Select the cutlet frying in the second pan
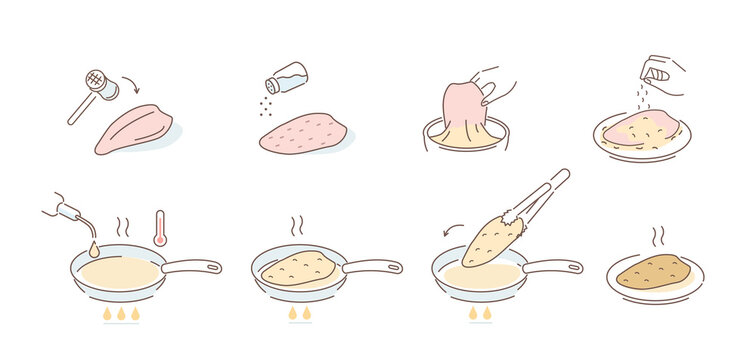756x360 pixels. pyautogui.click(x=298, y=266)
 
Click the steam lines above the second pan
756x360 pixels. pyautogui.click(x=297, y=225)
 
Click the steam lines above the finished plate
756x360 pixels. pyautogui.click(x=656, y=236)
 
